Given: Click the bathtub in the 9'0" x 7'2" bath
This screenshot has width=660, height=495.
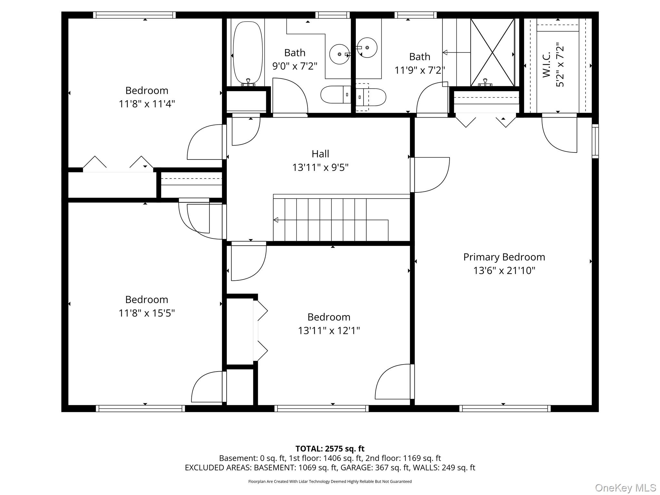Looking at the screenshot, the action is tap(247, 53).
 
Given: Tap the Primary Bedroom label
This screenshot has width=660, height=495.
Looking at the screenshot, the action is tap(504, 257).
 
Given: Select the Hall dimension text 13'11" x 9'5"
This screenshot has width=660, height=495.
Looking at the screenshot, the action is tap(320, 168).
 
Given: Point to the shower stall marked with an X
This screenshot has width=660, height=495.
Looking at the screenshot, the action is tap(492, 52).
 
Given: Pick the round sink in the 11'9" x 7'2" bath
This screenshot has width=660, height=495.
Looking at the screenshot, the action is tap(367, 48).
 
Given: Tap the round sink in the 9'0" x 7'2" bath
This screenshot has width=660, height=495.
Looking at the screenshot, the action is tap(339, 54).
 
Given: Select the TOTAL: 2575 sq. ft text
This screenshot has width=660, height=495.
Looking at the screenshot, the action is tap(330, 449).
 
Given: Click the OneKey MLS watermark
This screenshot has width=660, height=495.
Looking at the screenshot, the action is tap(625, 488).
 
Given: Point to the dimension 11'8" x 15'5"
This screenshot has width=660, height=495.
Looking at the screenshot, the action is tap(147, 313).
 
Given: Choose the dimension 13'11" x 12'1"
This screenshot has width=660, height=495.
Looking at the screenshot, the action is tap(329, 331).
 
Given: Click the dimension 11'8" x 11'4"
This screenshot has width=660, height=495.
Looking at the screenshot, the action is tap(147, 104).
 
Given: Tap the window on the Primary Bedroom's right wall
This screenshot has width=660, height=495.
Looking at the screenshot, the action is tap(595, 141).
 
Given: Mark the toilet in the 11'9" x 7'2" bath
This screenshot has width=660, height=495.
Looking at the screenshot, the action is tap(371, 97).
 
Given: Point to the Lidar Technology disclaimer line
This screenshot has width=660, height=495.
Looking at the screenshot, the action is tap(330, 481).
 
